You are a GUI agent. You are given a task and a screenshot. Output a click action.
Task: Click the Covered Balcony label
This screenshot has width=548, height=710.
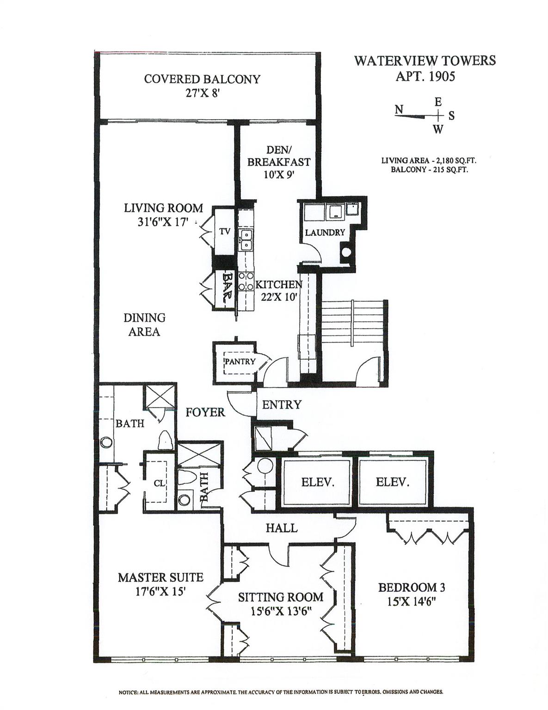tap(202, 79)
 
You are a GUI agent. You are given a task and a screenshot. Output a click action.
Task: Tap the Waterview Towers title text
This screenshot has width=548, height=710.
tap(425, 61)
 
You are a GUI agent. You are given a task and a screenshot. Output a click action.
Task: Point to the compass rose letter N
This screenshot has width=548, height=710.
tap(399, 109)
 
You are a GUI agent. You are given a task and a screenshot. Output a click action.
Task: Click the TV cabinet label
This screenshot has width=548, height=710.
tap(225, 231)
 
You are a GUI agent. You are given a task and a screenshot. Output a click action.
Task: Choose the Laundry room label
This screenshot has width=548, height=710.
tap(325, 232)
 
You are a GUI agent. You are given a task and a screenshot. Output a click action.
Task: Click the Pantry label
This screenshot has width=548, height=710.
tap(240, 361)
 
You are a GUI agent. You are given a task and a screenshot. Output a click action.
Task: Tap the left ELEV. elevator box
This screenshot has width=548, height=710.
tap(317, 482)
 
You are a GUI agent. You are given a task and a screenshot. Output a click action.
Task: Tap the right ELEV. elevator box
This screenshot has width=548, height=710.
tap(392, 482)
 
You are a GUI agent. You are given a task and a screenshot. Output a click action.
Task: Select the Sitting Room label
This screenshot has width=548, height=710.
tap(280, 597)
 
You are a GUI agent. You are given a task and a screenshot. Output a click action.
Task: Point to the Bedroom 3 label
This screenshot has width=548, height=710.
tap(411, 588)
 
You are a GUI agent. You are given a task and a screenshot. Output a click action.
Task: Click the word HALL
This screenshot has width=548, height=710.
tap(281, 527)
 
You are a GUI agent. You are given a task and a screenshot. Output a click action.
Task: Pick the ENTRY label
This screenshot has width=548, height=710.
tap(281, 404)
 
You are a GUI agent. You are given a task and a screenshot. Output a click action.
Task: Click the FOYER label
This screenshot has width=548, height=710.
tap(205, 412)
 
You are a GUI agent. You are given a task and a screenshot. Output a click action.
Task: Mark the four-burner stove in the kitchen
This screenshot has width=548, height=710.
tap(246, 281)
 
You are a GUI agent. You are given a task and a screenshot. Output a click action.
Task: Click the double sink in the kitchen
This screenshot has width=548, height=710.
tap(246, 239)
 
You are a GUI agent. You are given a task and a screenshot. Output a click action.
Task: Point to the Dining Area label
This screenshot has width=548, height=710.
tap(144, 324)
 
